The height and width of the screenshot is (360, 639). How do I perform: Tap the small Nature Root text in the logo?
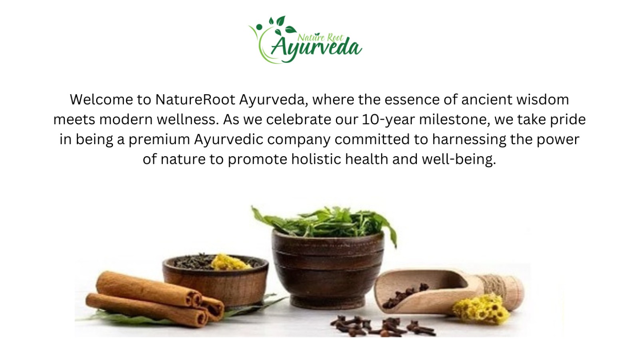(320, 38)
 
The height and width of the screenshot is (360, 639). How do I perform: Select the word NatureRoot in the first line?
(195, 99)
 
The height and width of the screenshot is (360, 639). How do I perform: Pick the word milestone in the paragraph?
(454, 119)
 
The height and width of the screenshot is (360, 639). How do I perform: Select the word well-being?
(459, 159)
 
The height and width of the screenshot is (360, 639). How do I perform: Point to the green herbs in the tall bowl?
(325, 223)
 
